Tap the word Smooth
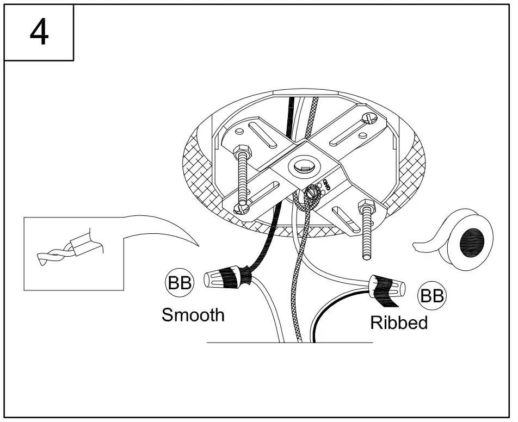pos(193,315)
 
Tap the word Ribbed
pos(399,322)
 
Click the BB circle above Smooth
pos(180,283)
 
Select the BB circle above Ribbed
pos(431,296)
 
